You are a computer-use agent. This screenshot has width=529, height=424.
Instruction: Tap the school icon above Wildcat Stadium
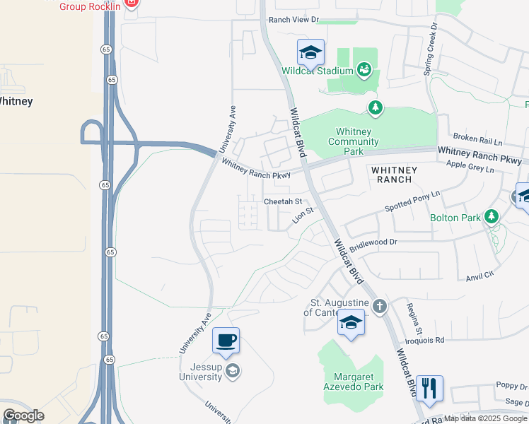tap(310, 52)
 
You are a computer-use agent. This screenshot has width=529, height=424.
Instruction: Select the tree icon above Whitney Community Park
tap(375, 107)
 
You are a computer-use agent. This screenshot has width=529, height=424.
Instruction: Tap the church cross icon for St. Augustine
tap(380, 306)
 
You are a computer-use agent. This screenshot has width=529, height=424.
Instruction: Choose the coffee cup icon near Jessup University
tap(226, 341)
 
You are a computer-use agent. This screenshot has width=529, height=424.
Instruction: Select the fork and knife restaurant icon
tap(429, 388)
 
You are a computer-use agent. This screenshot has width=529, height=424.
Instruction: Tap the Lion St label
tap(303, 216)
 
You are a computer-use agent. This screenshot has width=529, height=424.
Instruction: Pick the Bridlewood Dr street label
tap(374, 242)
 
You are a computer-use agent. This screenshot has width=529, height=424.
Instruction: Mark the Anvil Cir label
tap(480, 278)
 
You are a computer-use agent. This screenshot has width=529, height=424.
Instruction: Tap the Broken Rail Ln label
tap(477, 136)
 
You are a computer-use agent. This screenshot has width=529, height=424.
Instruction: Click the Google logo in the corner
tap(23, 416)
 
